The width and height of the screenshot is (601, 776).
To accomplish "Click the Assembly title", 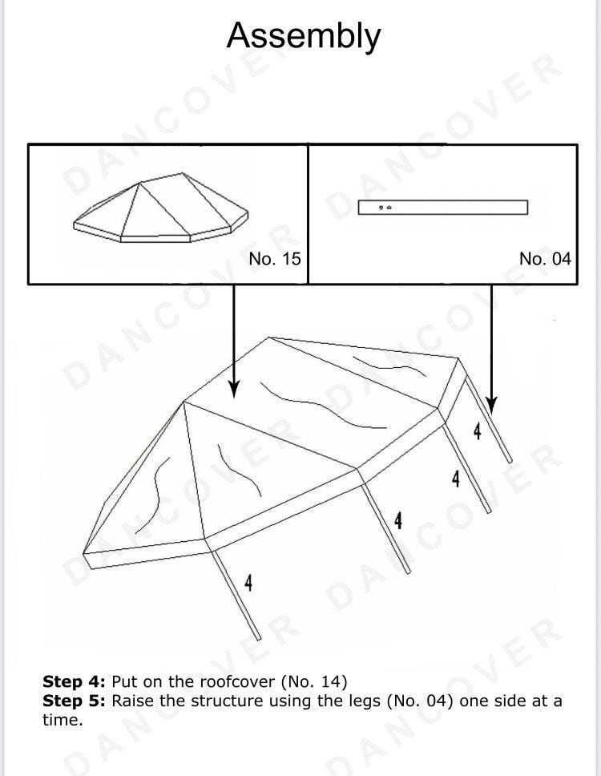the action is coord(304,36).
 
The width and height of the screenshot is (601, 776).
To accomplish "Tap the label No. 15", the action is coord(275,258).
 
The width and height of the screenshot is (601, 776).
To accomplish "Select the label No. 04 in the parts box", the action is coord(545,258).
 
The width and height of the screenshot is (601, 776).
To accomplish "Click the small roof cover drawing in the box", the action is coord(161,208).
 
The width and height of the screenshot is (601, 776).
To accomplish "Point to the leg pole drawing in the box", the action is coord(442,208).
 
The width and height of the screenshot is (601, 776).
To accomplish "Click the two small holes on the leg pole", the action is coord(385,208).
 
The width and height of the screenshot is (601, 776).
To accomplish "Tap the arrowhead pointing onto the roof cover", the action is coord(234,389).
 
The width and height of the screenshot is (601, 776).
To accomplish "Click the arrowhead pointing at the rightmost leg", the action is coord(491,405).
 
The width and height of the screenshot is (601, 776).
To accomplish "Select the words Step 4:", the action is coord(74,681).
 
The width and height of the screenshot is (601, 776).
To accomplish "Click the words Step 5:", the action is coord(74,701).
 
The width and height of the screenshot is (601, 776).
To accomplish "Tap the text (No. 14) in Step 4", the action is coord(313,681).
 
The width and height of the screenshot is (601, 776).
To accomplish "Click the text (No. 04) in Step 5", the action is coord(420,701).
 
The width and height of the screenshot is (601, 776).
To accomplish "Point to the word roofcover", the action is coord(237,681).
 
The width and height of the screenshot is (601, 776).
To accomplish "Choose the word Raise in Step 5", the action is coord(131,701).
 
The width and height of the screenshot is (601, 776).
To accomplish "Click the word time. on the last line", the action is coord(63,720).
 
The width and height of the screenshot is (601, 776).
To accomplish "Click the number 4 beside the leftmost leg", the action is coord(248,583).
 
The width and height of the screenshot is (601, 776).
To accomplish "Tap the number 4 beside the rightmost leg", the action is coord(477,431).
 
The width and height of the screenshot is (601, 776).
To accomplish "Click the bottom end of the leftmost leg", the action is coord(258,638).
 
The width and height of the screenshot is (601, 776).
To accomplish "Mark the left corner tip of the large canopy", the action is coord(83,553).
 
